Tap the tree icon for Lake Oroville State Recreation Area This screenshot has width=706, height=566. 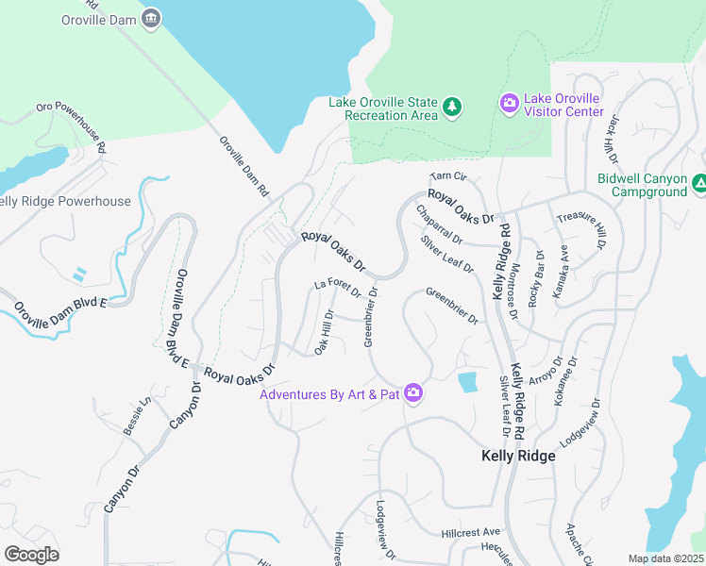click(x=452, y=108)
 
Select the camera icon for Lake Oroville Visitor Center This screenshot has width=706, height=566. click(x=510, y=103)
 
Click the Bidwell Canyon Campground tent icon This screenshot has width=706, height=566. click(x=699, y=184)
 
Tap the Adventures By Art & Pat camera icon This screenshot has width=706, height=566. click(x=412, y=392)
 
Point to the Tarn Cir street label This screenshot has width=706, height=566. click(x=448, y=176)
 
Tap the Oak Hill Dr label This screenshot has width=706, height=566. click(x=323, y=334)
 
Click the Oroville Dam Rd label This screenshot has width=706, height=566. click(x=244, y=167)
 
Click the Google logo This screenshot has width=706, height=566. click(x=31, y=555)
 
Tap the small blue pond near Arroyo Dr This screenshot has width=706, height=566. click(x=467, y=382)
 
